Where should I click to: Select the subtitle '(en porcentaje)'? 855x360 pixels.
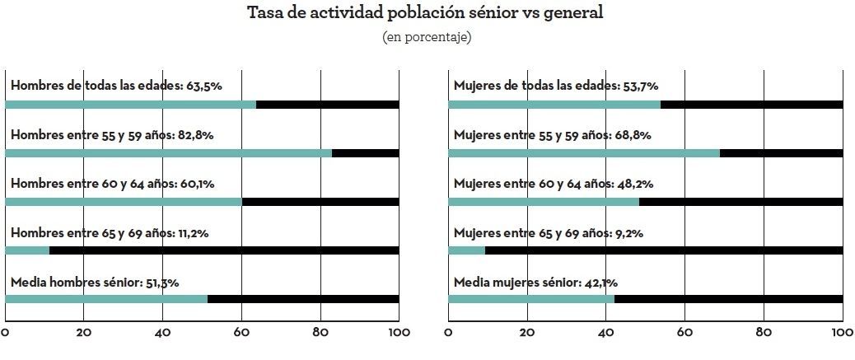pos(427,38)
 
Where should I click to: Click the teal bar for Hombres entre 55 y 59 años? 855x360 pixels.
pos(168,153)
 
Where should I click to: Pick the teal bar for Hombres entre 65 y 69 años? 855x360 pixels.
pos(27,250)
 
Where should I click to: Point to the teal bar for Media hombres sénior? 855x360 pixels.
pos(106,298)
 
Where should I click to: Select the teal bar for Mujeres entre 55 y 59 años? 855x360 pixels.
pos(584,153)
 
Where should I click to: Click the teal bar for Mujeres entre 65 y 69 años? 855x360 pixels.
pos(466,250)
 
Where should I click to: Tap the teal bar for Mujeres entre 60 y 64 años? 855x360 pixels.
pos(544,202)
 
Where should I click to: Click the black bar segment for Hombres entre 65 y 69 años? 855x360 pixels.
pos(224,250)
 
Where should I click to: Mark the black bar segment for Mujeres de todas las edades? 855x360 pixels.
pos(751,105)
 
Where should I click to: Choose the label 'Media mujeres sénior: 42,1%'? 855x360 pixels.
pos(535,283)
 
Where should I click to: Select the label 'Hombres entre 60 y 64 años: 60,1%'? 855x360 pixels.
pos(112,185)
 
